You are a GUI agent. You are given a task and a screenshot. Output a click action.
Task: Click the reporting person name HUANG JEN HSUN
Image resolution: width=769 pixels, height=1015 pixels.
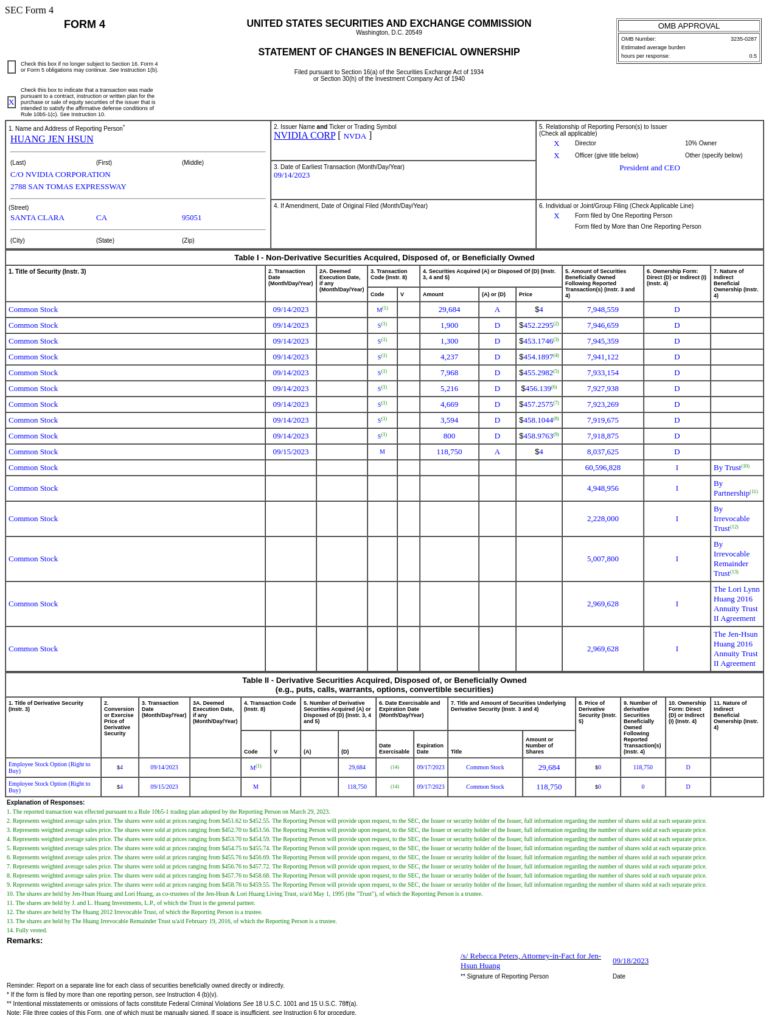pyautogui.click(x=52, y=139)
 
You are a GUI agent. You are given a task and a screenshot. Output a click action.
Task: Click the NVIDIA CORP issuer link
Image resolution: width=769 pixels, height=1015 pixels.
pyautogui.click(x=304, y=136)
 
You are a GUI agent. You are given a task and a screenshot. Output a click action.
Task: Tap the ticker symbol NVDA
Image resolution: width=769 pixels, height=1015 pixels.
pyautogui.click(x=355, y=136)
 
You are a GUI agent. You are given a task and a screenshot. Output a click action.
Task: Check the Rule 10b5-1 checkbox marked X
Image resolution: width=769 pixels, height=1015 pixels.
pyautogui.click(x=12, y=102)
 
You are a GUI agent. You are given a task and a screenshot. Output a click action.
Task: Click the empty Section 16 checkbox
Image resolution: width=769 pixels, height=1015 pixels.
pyautogui.click(x=12, y=67)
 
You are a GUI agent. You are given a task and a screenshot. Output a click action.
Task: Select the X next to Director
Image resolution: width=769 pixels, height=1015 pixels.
pyautogui.click(x=556, y=144)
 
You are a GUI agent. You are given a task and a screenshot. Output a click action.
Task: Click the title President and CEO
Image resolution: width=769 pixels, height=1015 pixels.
pyautogui.click(x=649, y=168)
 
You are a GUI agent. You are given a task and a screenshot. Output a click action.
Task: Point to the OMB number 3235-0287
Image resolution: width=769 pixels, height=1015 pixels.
pyautogui.click(x=743, y=39)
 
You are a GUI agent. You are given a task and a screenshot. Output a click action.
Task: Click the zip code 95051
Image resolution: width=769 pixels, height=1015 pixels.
pyautogui.click(x=192, y=218)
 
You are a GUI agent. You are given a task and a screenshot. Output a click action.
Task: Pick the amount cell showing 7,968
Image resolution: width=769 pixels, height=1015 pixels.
pyautogui.click(x=449, y=373)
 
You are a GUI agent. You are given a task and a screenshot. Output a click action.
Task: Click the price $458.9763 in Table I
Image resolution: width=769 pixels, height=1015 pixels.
pyautogui.click(x=538, y=436)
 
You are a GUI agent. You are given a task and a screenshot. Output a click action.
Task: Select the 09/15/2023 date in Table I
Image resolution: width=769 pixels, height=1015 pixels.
pyautogui.click(x=290, y=452)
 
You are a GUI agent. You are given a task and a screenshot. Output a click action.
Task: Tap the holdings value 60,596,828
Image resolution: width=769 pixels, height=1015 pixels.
pyautogui.click(x=602, y=468)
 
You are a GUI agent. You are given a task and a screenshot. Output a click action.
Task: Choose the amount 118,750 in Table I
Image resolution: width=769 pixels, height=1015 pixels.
pyautogui.click(x=449, y=452)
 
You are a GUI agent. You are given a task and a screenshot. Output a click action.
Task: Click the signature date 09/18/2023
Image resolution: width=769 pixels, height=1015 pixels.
pyautogui.click(x=630, y=961)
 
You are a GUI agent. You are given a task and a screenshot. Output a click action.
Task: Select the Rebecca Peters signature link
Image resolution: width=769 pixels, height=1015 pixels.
pyautogui.click(x=531, y=960)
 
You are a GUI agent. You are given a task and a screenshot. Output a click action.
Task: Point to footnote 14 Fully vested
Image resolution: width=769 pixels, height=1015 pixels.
pyautogui.click(x=27, y=930)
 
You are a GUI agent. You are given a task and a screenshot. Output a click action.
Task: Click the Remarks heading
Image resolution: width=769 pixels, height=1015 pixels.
pyautogui.click(x=25, y=941)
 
